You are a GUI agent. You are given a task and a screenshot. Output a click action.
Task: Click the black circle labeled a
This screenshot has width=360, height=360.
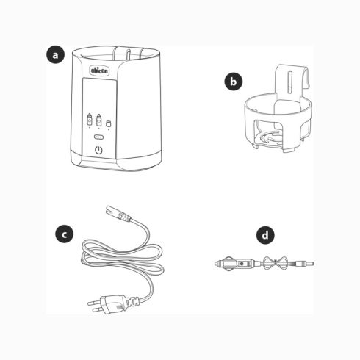click(55, 55)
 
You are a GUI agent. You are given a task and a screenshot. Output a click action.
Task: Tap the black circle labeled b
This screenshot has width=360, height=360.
click(234, 82)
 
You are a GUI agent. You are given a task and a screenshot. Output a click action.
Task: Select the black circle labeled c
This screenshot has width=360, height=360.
click(64, 234)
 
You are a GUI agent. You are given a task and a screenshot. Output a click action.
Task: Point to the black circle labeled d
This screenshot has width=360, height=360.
click(265, 235)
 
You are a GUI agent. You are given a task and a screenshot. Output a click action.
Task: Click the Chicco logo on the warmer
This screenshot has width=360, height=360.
click(99, 71)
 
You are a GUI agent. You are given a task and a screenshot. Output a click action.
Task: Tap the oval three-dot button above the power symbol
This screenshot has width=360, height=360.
click(98, 137)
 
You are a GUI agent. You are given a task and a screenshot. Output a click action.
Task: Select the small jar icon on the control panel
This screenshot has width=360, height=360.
click(108, 124)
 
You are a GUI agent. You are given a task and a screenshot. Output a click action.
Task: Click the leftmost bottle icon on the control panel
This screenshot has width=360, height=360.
click(90, 120)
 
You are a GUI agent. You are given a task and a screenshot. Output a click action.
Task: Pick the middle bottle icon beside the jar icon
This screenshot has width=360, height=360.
click(98, 120)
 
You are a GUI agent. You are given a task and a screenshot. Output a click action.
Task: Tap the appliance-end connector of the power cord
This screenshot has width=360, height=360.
click(118, 214)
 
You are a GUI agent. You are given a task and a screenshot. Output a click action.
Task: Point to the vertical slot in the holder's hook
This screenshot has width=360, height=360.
click(290, 82)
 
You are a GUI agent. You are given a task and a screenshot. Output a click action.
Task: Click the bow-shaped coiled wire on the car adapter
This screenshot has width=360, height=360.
click(276, 263)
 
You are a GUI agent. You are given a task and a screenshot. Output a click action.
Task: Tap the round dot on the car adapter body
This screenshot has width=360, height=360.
click(242, 264)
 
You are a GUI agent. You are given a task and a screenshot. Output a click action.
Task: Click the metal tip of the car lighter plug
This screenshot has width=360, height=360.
click(217, 264)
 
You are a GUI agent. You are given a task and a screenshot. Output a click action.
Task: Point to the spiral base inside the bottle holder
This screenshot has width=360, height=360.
click(270, 138)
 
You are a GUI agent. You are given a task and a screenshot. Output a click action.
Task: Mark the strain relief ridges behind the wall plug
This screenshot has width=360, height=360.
click(132, 300)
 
